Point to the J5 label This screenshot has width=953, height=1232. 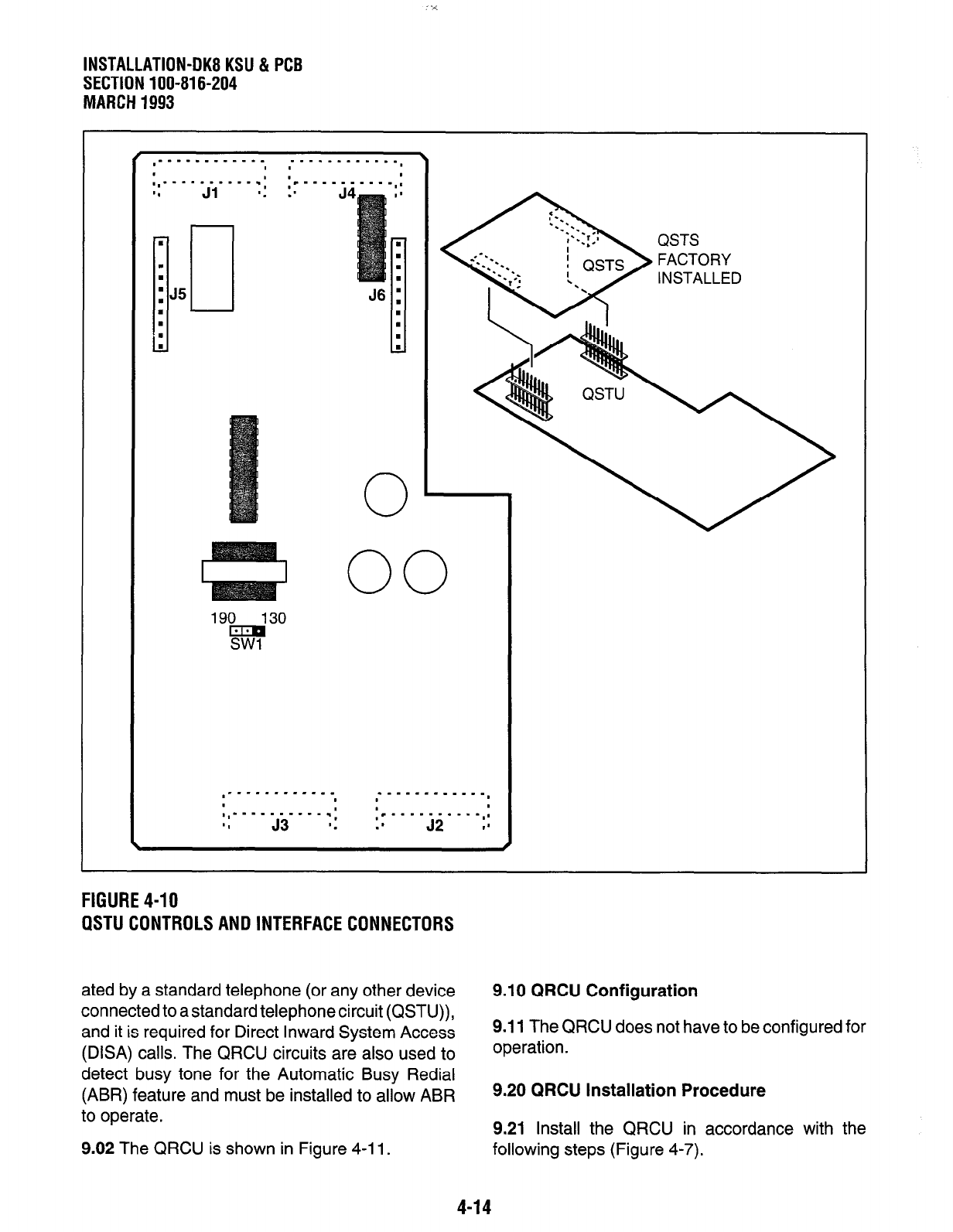(178, 294)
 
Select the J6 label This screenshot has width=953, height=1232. (377, 295)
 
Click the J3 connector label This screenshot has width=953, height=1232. (280, 825)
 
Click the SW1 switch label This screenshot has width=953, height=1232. (247, 646)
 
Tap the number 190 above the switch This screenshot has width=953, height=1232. (223, 619)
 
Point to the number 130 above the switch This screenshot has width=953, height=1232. (273, 619)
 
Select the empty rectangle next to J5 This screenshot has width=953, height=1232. (212, 268)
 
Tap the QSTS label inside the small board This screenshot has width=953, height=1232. (603, 265)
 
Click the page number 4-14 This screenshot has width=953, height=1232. (474, 1207)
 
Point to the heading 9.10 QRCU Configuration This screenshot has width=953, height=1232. (595, 991)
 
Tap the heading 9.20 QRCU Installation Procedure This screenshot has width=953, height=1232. (629, 1090)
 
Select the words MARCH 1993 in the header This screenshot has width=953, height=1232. (128, 102)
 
